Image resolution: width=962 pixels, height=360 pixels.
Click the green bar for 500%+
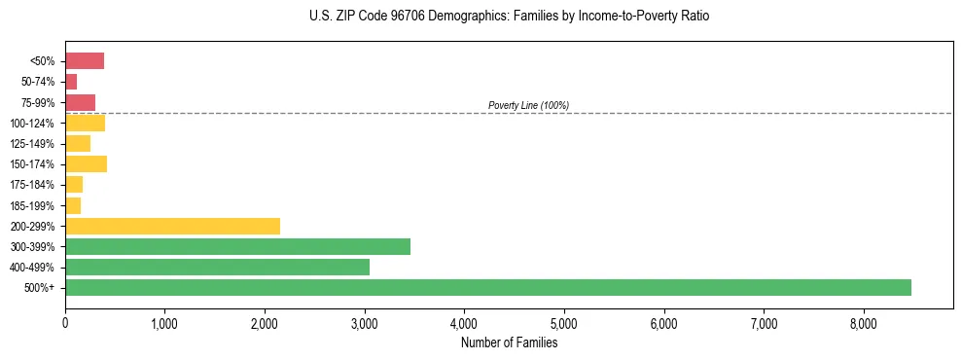[x=487, y=287]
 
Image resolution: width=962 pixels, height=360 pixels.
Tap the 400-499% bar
[x=217, y=267]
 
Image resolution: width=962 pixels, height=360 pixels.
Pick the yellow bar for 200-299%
[x=172, y=226]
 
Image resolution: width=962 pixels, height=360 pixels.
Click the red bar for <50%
[x=85, y=61]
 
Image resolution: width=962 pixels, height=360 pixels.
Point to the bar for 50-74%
[x=71, y=82]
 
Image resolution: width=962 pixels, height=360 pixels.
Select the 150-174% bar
[x=86, y=163]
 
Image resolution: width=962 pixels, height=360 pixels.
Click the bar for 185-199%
[x=73, y=205]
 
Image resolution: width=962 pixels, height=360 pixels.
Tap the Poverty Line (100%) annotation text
[x=528, y=105]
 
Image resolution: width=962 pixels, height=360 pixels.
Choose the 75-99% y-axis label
[x=38, y=103]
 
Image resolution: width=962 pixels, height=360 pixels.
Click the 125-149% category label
[x=32, y=144]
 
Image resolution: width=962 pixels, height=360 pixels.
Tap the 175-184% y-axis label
[x=32, y=185]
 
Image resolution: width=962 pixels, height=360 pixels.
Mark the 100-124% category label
[x=32, y=124]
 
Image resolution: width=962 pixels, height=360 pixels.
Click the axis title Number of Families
[x=509, y=342]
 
